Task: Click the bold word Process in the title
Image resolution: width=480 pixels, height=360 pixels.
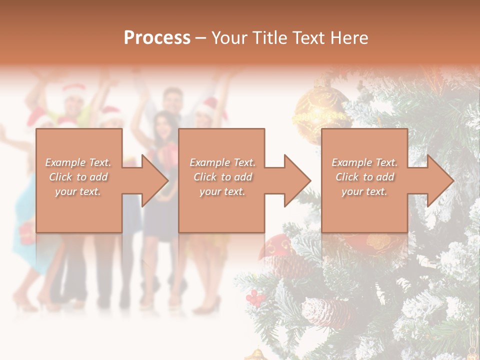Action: (x=157, y=37)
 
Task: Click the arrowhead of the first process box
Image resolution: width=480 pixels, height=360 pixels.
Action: (x=155, y=180)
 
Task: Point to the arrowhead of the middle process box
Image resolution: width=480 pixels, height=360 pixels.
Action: (x=298, y=180)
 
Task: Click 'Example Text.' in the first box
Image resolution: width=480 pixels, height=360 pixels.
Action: (x=78, y=162)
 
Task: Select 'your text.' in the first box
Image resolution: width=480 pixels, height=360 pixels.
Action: (x=78, y=191)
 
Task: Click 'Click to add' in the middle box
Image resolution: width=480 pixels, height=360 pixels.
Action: (x=222, y=177)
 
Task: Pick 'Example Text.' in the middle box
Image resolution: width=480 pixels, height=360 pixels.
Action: (x=222, y=162)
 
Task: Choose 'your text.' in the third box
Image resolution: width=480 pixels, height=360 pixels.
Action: (x=364, y=191)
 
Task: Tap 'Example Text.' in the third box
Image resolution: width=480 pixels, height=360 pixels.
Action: (x=364, y=162)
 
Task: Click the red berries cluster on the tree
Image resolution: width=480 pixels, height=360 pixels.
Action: (x=256, y=298)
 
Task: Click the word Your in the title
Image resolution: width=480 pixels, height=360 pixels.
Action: (x=228, y=37)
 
